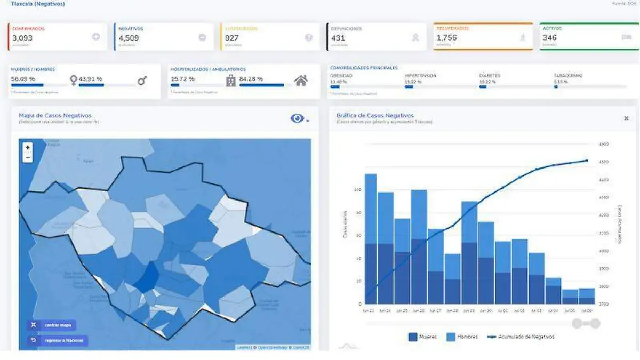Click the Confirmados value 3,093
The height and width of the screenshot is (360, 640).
pyautogui.click(x=22, y=38)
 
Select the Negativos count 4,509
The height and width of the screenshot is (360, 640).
pyautogui.click(x=129, y=38)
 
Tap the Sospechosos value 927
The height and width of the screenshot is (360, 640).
pyautogui.click(x=231, y=38)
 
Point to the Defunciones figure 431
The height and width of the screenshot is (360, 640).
pyautogui.click(x=338, y=38)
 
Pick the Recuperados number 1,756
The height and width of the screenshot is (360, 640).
pyautogui.click(x=446, y=38)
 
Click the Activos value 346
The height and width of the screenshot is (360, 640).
pyautogui.click(x=549, y=38)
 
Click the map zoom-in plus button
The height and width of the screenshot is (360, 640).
pyautogui.click(x=28, y=148)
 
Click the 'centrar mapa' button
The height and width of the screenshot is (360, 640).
pyautogui.click(x=52, y=325)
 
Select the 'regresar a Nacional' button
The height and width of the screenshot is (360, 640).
pyautogui.click(x=58, y=340)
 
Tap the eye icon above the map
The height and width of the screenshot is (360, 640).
pyautogui.click(x=297, y=118)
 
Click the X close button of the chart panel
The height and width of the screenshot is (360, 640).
pyautogui.click(x=626, y=118)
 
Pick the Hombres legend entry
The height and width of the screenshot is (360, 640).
pyautogui.click(x=462, y=337)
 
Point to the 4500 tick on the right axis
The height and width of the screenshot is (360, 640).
pyautogui.click(x=604, y=162)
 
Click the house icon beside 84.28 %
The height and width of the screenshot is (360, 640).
pyautogui.click(x=301, y=81)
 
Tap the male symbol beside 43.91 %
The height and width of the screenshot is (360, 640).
pyautogui.click(x=142, y=81)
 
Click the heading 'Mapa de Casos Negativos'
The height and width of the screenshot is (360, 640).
pyautogui.click(x=55, y=115)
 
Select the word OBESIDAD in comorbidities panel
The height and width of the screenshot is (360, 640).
pyautogui.click(x=341, y=76)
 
